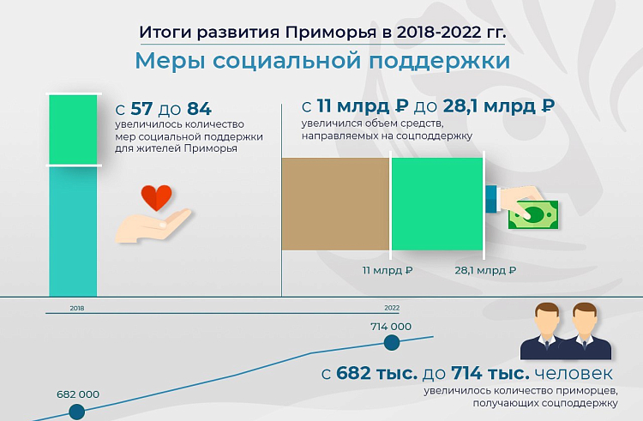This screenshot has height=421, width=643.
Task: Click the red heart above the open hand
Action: point(156,197)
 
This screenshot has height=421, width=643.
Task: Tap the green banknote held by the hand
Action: point(533,215)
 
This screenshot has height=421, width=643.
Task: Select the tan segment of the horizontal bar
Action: point(335,204)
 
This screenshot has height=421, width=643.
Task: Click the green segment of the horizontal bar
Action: point(437,204)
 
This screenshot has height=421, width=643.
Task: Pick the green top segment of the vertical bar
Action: point(73,129)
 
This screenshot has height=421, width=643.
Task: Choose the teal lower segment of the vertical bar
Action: point(73,232)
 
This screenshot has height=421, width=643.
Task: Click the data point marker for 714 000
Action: point(392,343)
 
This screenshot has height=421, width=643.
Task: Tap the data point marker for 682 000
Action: point(76,412)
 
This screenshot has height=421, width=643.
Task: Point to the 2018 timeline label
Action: point(77,308)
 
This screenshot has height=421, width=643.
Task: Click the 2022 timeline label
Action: point(392,308)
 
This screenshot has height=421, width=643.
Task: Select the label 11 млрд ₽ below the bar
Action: point(388,271)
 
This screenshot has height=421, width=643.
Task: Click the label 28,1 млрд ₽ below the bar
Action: point(485,271)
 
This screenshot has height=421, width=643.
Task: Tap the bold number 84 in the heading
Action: point(199,109)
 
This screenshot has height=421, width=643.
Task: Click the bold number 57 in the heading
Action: point(141,109)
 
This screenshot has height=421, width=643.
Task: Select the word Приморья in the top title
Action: point(331,33)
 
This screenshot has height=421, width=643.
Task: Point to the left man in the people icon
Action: point(546,331)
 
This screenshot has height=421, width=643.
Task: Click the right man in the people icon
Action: point(586,331)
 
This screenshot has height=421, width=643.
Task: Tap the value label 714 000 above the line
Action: point(391,327)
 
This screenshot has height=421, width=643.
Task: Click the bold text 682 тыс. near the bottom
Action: point(377,374)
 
